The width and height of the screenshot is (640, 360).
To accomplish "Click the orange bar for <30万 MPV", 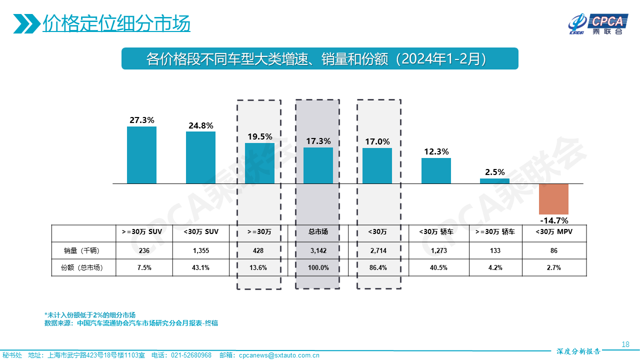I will (x=553, y=199).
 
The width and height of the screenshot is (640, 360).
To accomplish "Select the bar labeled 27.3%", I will (x=141, y=155).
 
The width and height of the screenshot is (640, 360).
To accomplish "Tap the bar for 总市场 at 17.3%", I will (x=318, y=165).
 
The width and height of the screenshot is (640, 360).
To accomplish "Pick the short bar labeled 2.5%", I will (x=494, y=181).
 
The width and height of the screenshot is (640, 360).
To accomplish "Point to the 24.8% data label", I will (x=200, y=125).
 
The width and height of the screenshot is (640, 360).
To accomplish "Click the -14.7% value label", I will (x=554, y=220).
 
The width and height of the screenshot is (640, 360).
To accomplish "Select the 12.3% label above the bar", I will (x=436, y=151).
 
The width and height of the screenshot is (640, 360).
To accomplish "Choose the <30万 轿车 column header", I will (x=435, y=232).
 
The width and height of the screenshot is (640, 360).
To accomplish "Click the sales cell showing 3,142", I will (x=318, y=250).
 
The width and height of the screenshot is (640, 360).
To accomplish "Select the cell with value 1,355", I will (x=200, y=250).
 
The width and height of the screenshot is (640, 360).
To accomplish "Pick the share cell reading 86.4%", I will (x=377, y=267).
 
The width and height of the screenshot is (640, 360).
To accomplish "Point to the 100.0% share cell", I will (x=318, y=267).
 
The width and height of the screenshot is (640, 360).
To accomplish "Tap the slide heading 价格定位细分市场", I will (x=116, y=23).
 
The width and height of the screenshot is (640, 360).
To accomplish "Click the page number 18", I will (x=625, y=344).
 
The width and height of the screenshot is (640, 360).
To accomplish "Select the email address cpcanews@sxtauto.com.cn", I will (x=278, y=355).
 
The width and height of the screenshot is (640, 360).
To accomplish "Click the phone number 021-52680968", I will (x=191, y=355).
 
